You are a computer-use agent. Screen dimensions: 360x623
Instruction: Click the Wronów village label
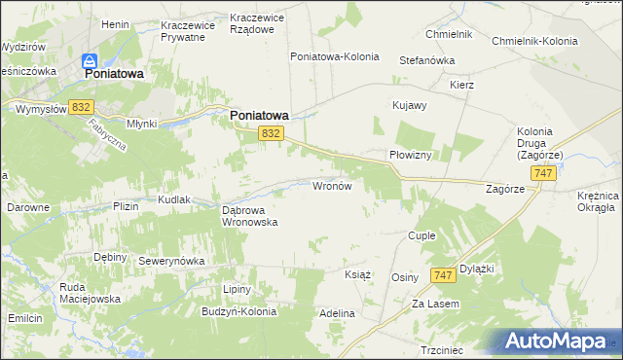point(337,185)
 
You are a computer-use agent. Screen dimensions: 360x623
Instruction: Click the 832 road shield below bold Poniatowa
point(272,133)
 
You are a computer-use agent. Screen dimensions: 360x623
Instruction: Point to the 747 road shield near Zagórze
point(544,172)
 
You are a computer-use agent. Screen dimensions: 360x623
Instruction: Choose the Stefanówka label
point(427,60)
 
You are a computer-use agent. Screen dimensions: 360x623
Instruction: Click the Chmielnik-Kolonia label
point(534,42)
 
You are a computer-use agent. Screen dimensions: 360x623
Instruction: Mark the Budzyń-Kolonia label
point(238,312)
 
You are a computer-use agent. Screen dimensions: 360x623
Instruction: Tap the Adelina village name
point(337,314)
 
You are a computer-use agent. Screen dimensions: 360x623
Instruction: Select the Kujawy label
point(409,105)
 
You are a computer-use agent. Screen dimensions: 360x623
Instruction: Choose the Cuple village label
point(421,235)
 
